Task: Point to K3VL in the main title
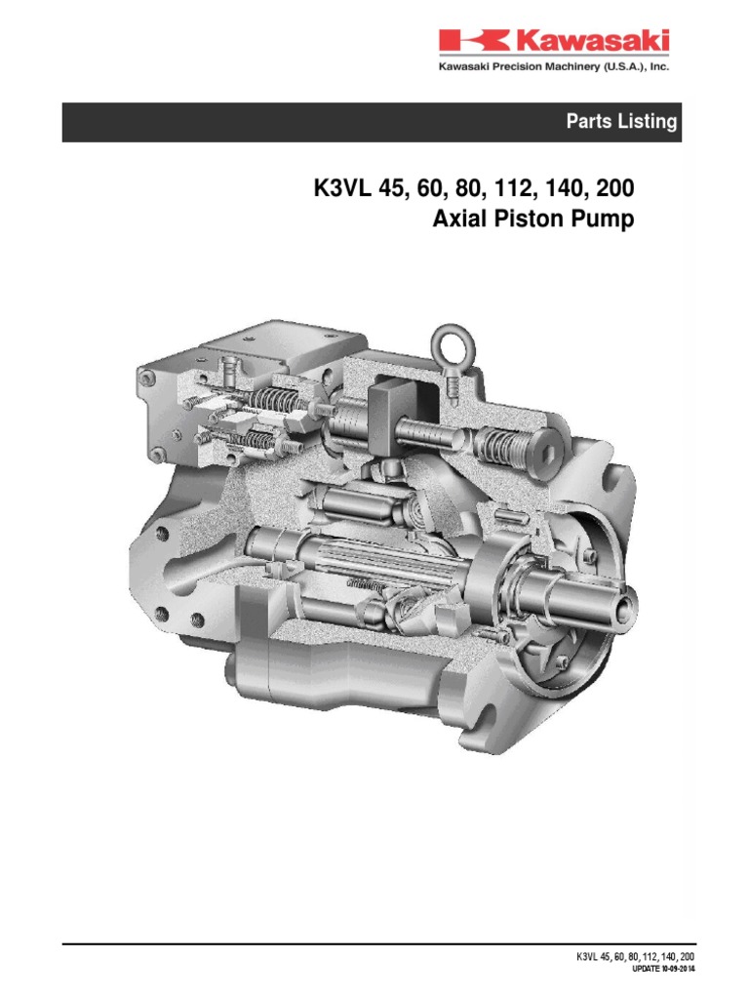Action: point(340,186)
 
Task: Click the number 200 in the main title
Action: point(611,186)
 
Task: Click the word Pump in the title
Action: point(606,219)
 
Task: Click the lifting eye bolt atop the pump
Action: point(452,347)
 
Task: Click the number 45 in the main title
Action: point(398,186)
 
